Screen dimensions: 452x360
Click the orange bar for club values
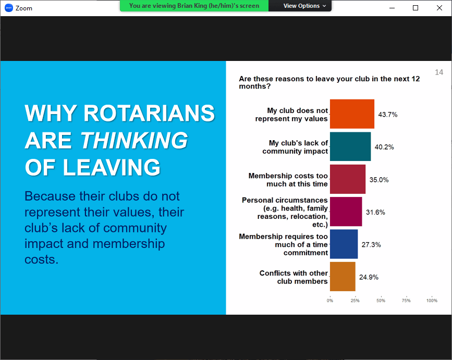(352, 114)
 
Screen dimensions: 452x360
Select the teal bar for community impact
(350, 146)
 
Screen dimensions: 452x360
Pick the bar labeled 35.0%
(348, 179)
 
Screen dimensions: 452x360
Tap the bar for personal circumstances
(346, 212)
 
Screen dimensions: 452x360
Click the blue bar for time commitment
(344, 244)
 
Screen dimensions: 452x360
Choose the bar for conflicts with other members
(343, 277)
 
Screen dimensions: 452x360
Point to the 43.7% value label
(388, 115)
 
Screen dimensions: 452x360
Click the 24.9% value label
(369, 277)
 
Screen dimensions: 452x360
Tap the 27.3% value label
(371, 244)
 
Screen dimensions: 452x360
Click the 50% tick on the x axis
(381, 301)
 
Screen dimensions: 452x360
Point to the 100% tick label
(432, 301)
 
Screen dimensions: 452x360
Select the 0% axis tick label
(330, 301)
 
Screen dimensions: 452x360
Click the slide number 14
(439, 72)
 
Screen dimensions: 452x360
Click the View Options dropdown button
(304, 6)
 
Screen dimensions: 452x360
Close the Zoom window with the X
(439, 8)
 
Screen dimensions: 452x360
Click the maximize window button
(416, 8)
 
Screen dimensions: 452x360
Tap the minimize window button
(392, 8)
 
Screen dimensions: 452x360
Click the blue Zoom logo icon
(9, 8)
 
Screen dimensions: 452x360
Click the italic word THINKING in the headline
(134, 140)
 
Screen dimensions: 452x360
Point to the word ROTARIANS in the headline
(149, 113)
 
